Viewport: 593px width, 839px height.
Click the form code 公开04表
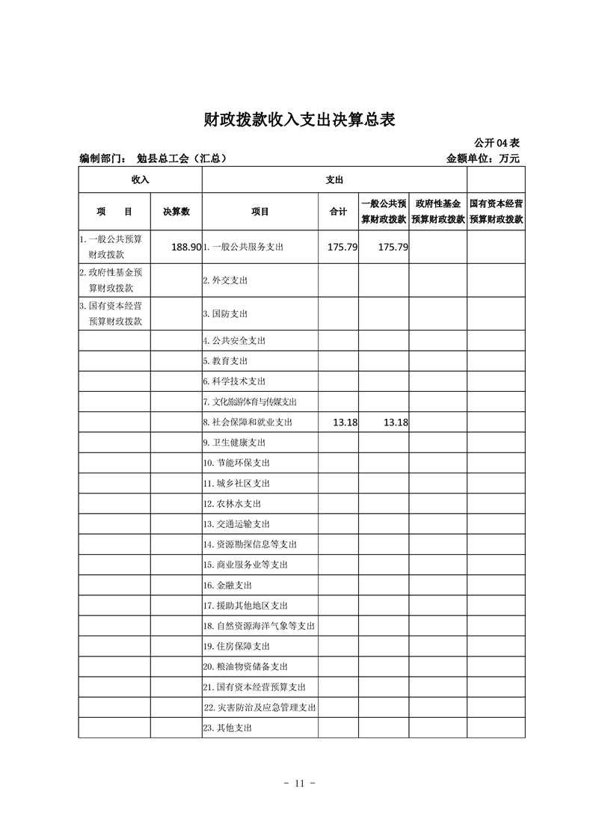coord(497,142)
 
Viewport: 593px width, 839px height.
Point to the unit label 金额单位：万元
coord(482,159)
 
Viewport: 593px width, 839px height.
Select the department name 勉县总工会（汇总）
coord(182,159)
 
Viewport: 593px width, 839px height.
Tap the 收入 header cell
coord(141,179)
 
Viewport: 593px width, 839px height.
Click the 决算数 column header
coord(176,212)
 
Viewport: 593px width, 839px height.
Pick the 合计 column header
coord(338,212)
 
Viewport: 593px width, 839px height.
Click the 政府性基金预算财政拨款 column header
coord(438,212)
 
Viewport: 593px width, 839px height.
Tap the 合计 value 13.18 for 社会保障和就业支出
coord(345,422)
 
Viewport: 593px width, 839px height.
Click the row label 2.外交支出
coord(225,280)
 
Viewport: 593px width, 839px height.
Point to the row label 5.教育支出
coord(225,361)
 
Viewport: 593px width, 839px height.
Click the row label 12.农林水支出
coord(232,504)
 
